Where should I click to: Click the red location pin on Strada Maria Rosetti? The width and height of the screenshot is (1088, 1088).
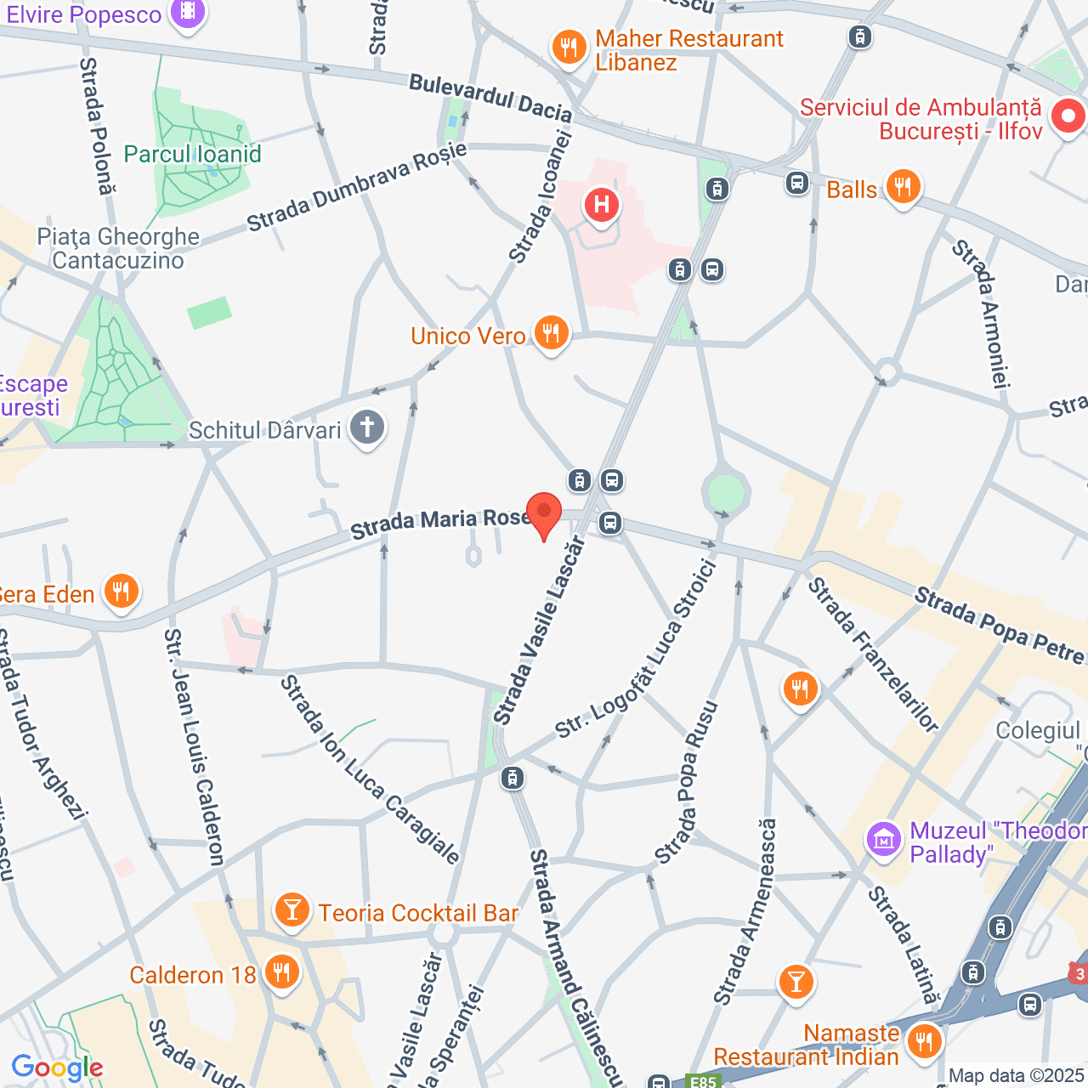(x=544, y=513)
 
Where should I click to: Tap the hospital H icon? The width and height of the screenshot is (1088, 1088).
(x=602, y=205)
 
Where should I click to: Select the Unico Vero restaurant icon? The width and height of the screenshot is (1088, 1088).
(x=552, y=333)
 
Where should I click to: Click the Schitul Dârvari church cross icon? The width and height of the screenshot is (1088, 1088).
(x=367, y=427)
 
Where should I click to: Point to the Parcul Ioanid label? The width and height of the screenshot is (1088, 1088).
(x=192, y=154)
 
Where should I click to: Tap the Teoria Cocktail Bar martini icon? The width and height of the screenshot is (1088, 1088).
(x=292, y=910)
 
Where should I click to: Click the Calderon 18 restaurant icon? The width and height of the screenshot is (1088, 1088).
(x=281, y=972)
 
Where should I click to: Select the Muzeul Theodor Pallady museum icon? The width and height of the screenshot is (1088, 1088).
(x=884, y=840)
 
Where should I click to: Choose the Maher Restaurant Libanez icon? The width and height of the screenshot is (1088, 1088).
(x=569, y=48)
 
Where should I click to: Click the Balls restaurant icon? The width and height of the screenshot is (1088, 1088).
(x=903, y=187)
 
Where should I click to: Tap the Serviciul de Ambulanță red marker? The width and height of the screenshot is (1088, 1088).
(x=1068, y=116)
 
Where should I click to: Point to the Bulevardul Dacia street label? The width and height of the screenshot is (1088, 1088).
(x=490, y=97)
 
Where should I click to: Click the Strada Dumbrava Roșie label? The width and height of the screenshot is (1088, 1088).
(x=357, y=187)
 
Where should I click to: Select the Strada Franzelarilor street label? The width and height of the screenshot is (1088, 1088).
(x=873, y=654)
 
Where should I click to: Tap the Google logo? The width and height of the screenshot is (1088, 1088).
(x=57, y=1068)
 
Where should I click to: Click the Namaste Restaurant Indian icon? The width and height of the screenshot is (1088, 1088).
(x=923, y=1040)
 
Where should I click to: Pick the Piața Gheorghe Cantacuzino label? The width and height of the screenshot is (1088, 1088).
(x=118, y=248)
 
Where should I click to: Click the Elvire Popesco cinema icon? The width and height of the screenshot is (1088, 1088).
(x=188, y=13)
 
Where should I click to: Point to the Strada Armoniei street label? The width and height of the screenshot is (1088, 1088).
(x=981, y=314)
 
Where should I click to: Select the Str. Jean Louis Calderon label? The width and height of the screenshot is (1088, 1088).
(x=195, y=746)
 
